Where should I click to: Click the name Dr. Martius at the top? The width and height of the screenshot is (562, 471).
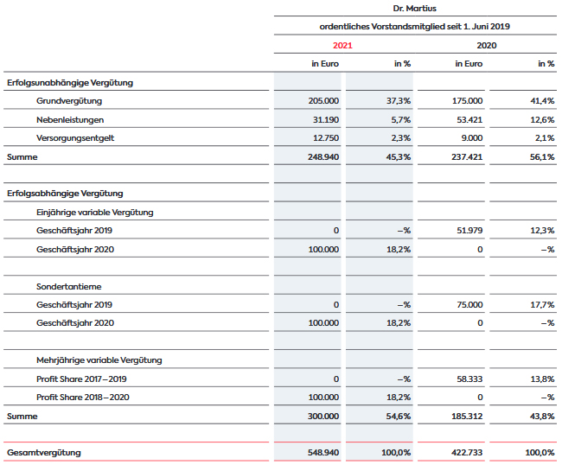point(415,9)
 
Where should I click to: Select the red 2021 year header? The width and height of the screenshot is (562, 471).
point(342,46)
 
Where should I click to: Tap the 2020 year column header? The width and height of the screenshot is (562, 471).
point(487,46)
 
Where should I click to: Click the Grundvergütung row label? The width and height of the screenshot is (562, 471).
point(69,101)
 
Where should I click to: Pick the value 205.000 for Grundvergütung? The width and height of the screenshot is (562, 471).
point(323,101)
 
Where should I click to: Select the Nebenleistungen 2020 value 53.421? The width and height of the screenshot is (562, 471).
point(469,119)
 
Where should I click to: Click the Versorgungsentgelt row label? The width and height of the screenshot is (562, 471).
point(75,138)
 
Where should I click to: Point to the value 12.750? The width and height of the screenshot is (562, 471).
point(326,138)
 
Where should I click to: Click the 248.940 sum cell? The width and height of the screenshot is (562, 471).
point(323,157)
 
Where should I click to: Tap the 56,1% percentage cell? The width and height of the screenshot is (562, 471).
point(542,157)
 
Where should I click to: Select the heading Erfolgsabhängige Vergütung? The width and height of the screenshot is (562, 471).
point(65,194)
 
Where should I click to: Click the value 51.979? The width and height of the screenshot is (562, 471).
point(469,231)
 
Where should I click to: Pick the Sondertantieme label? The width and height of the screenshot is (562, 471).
point(69,287)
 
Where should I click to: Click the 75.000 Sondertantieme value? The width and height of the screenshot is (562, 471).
point(469,305)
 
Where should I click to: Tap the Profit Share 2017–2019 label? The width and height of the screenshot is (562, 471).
point(81,379)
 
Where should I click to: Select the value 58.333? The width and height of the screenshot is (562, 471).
point(469,379)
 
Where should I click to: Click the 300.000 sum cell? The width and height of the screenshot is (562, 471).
point(323,417)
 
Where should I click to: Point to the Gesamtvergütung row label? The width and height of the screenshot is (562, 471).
point(44,453)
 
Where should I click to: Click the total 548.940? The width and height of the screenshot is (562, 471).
point(323,453)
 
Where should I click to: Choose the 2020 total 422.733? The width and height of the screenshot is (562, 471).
point(467,453)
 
